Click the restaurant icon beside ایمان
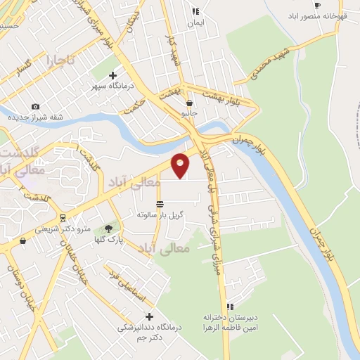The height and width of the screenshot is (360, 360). [195, 11]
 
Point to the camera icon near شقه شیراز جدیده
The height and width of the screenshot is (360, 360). [36, 106]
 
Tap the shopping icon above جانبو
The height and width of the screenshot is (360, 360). [189, 103]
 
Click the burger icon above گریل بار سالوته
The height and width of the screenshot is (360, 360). [160, 203]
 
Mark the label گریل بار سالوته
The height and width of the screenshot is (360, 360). [160, 214]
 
